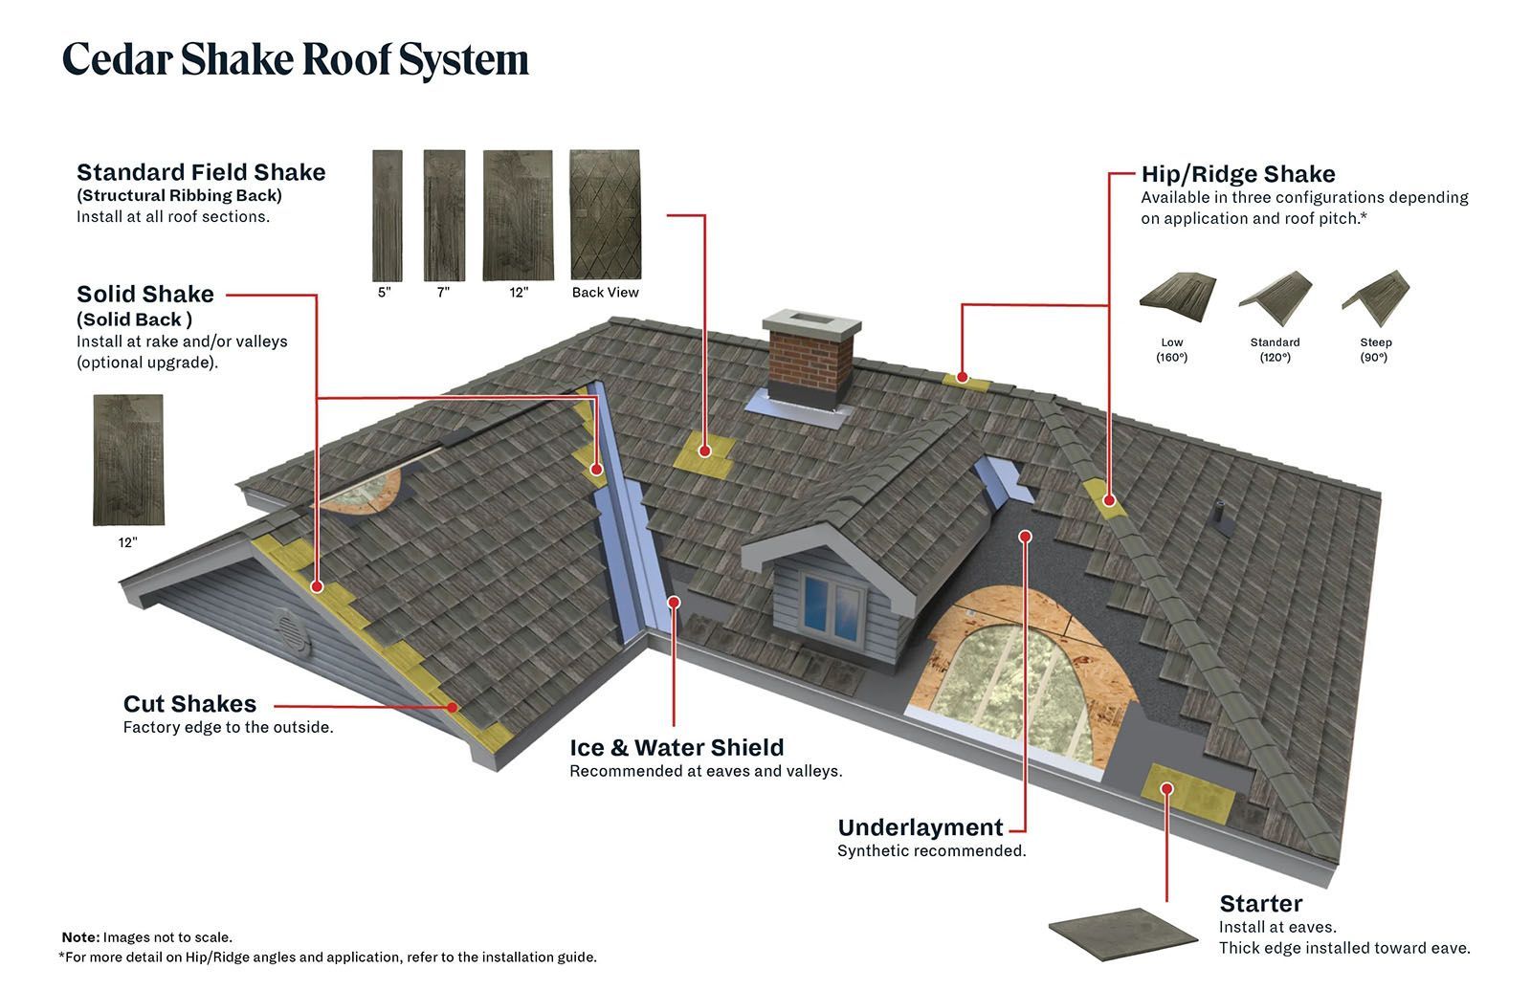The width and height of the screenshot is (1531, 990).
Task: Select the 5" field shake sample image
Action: click(387, 215)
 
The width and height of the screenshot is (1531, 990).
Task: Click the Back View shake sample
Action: click(605, 214)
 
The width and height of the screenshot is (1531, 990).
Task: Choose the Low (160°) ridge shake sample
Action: click(1177, 291)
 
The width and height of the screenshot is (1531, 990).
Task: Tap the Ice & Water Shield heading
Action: click(676, 747)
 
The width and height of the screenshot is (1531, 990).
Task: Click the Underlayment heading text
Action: click(920, 827)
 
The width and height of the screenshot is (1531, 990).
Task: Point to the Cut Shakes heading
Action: click(189, 704)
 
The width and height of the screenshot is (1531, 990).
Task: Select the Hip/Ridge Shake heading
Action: click(1237, 174)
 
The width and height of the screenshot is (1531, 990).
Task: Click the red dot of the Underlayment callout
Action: click(1025, 537)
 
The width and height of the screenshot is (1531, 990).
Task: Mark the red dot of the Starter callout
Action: click(1166, 788)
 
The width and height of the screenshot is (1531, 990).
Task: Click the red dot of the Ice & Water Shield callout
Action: click(674, 602)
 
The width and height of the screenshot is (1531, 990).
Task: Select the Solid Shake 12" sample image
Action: click(128, 460)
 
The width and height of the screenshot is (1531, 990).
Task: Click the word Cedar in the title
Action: click(116, 59)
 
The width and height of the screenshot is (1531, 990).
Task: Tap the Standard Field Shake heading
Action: click(201, 172)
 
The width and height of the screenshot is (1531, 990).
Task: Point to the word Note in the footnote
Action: click(79, 937)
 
